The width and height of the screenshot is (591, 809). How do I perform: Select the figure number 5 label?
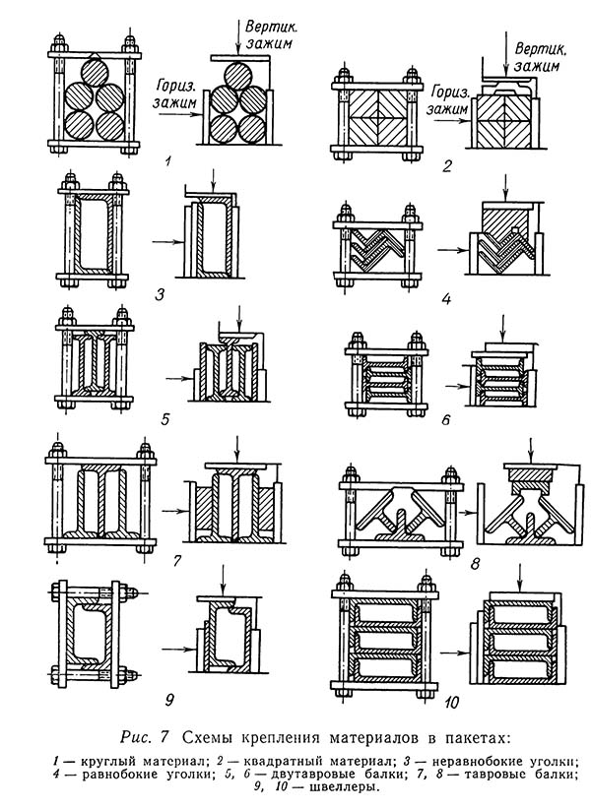tap(166, 419)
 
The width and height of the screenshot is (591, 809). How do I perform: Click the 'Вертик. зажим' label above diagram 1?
tap(272, 30)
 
